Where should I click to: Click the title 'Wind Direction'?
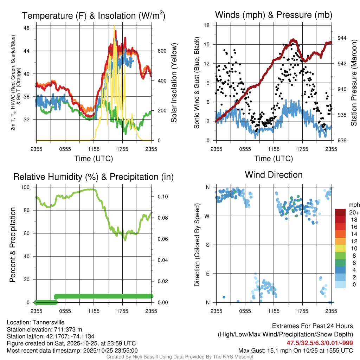pos(274,175)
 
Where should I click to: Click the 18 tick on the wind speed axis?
pos(207,25)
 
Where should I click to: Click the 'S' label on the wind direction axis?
pos(207,245)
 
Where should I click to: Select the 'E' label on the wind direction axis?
pos(207,274)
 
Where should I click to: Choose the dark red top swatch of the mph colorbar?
pos(340,212)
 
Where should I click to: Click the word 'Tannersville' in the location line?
pos(48,322)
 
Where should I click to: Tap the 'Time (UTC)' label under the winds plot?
pos(274,159)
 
